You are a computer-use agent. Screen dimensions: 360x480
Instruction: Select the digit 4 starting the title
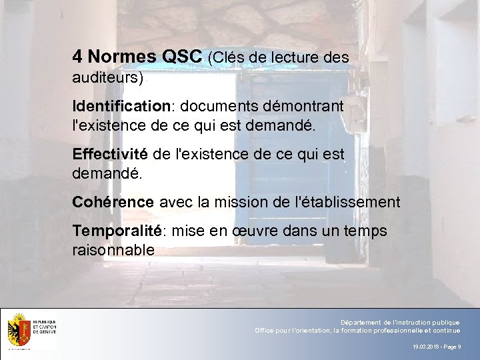[x=77, y=57]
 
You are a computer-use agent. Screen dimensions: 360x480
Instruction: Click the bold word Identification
[x=121, y=107]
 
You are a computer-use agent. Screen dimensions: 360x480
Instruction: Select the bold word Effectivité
[x=110, y=155]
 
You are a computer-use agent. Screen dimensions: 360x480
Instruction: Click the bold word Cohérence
[x=113, y=202]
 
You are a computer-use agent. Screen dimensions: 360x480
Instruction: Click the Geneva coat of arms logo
[x=18, y=330]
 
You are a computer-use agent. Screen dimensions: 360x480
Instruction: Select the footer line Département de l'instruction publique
[x=400, y=322]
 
